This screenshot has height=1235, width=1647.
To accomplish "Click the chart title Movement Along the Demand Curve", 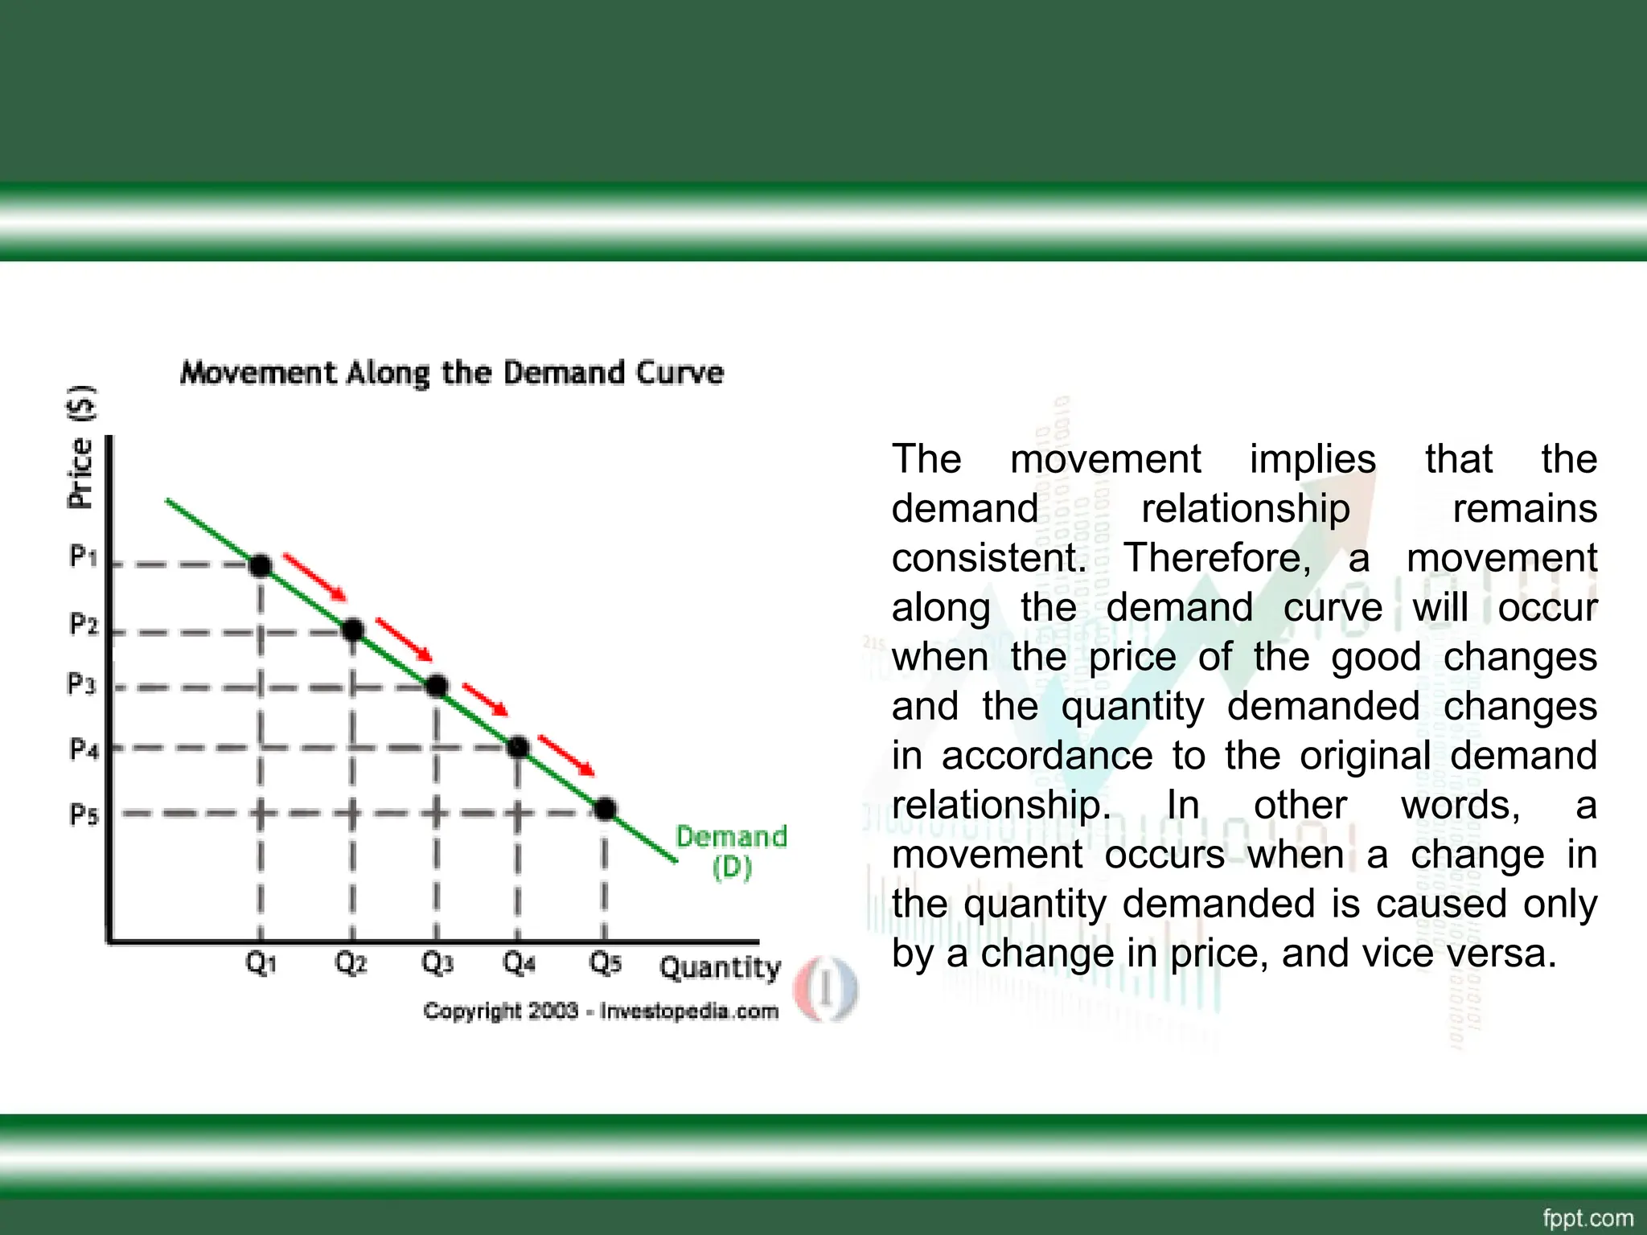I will [x=452, y=373].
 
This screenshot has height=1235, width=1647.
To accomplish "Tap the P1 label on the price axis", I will [x=83, y=556].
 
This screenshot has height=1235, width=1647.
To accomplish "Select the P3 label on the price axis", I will [x=81, y=684].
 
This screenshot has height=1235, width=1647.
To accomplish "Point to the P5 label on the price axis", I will [x=83, y=814].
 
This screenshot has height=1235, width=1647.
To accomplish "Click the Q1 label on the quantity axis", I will [x=261, y=962].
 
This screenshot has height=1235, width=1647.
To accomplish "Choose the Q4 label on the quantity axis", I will [x=519, y=962].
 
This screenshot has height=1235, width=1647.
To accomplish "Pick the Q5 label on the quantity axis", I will [x=606, y=962].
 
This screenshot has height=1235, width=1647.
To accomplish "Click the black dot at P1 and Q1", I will [x=261, y=566].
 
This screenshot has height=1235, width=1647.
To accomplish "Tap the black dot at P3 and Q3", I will [x=436, y=686].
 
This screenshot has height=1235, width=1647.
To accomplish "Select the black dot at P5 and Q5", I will [x=606, y=809].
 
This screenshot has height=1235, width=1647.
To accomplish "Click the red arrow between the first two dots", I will [x=314, y=576].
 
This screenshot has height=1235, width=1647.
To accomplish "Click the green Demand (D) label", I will [x=731, y=851].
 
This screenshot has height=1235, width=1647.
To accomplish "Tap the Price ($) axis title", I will [x=81, y=447].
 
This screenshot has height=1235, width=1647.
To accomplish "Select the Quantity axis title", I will [x=721, y=967].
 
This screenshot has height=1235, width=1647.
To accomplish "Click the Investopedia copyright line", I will [x=601, y=1011].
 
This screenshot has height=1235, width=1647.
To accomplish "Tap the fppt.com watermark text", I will [x=1588, y=1218].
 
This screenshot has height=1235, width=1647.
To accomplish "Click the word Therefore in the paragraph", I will [x=1217, y=558].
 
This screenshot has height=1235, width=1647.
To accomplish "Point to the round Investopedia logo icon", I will [x=826, y=990].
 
